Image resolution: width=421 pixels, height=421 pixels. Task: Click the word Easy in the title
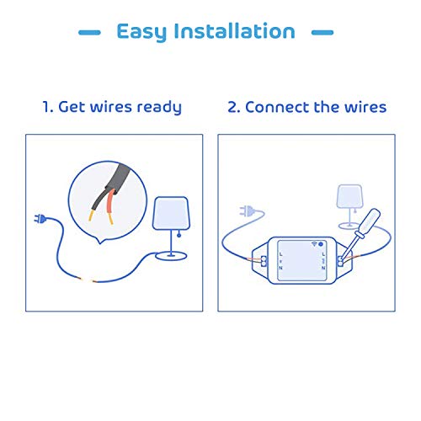coord(141,32)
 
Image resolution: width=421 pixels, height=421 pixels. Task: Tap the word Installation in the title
coord(235,31)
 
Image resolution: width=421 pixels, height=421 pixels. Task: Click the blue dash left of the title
coord(89,33)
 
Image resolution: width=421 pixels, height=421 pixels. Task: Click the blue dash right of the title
coord(322,33)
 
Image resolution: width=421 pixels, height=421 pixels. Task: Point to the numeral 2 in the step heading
coord(232,108)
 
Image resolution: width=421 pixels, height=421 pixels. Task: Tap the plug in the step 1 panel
coord(40,218)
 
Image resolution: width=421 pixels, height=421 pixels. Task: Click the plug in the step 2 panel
coord(247,210)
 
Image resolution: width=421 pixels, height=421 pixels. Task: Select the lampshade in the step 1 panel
coord(171,213)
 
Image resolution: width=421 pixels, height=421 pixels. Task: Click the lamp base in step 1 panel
coord(171,256)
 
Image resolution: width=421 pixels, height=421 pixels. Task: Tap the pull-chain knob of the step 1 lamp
coord(179,235)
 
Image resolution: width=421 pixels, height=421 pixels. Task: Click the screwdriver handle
coord(370,221)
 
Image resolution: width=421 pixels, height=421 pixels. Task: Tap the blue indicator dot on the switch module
coord(321,244)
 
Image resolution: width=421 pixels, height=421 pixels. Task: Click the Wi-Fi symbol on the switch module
coord(315,244)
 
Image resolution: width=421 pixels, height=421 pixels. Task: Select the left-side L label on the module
coord(281,254)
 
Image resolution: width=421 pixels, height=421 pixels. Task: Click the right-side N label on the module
coord(323,268)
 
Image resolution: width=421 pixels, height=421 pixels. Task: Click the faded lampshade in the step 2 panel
coord(349,196)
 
